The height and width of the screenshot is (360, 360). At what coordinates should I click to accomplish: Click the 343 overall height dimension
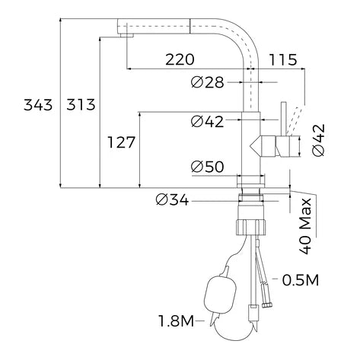click(38, 105)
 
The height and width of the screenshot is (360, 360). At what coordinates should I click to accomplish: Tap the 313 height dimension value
click(81, 105)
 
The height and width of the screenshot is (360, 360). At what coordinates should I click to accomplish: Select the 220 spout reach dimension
click(180, 59)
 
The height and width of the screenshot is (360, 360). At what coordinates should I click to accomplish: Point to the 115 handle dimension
click(282, 59)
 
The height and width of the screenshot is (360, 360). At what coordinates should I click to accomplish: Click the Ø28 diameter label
click(208, 82)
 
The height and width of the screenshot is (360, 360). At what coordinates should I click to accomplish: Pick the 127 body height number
click(121, 142)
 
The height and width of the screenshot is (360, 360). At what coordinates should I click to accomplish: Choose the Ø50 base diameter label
click(208, 167)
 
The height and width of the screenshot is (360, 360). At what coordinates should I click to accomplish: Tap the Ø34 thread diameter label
click(172, 200)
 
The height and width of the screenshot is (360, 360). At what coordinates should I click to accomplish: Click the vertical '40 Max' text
click(305, 226)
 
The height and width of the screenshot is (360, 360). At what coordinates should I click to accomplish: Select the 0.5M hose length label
click(301, 280)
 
